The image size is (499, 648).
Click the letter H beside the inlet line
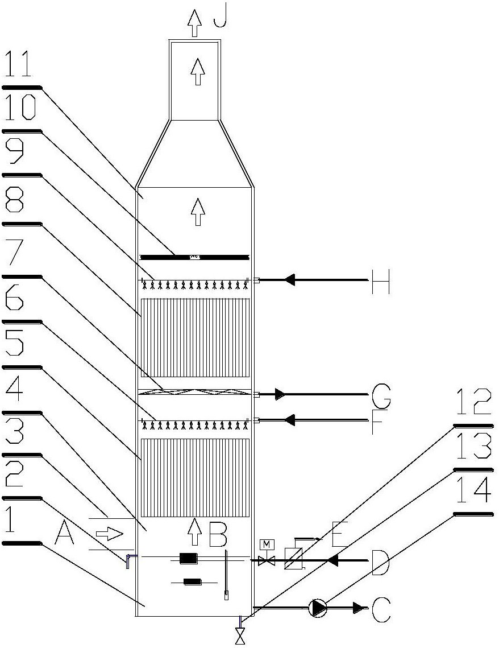(x=380, y=280)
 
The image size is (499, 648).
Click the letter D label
(x=380, y=561)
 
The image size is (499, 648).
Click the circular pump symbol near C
(x=318, y=608)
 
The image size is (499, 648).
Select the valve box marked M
(x=263, y=545)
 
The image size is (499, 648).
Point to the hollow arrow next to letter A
(x=109, y=534)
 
